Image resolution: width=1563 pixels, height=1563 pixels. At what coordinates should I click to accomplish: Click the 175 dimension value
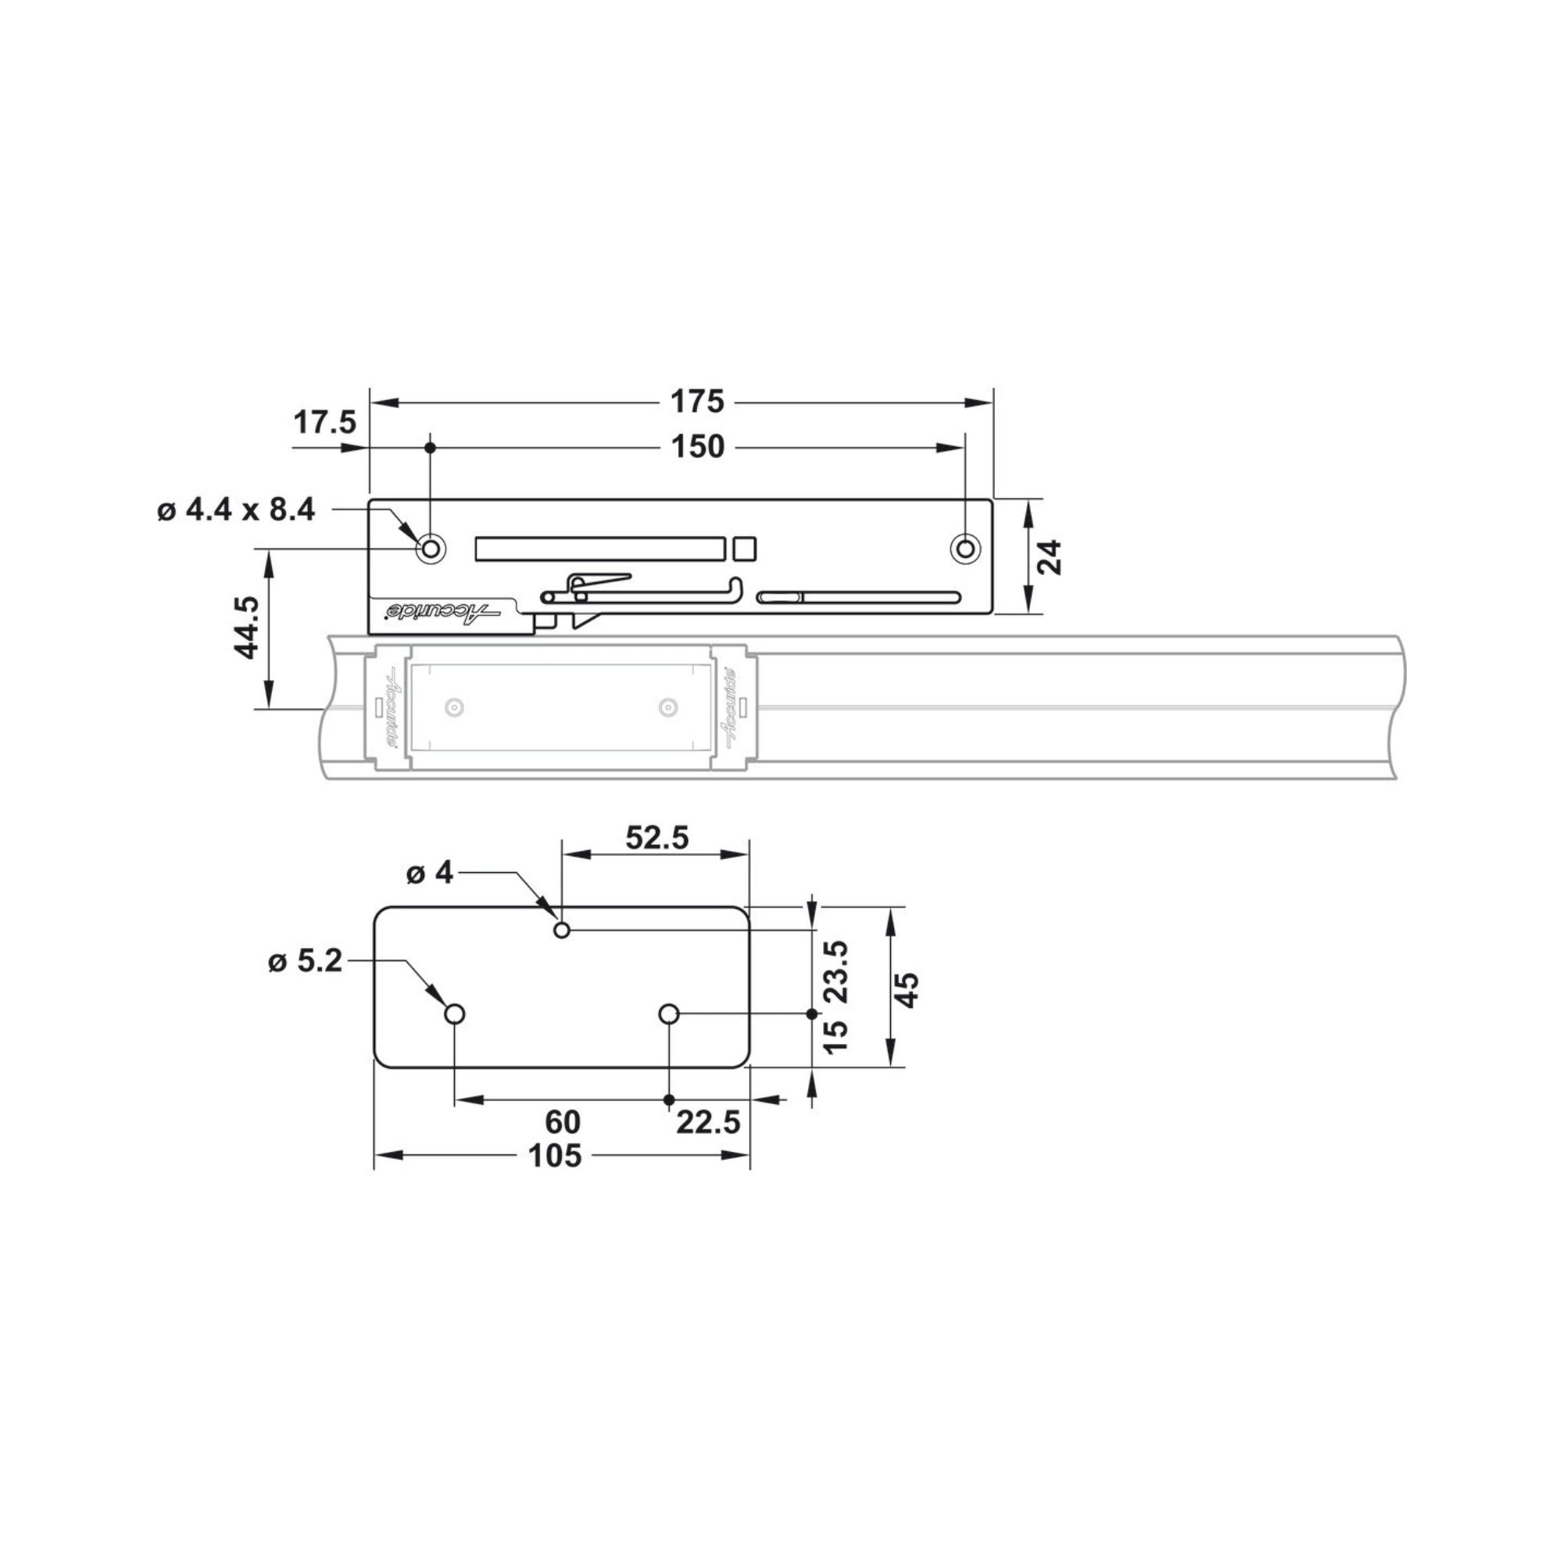[697, 400]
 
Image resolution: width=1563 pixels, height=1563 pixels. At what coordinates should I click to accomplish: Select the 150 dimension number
[697, 446]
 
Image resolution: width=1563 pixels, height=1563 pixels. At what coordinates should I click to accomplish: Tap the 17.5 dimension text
[324, 421]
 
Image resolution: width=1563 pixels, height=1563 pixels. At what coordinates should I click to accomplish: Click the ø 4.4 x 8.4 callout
[235, 510]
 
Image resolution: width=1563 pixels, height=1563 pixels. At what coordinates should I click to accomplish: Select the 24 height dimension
[1050, 556]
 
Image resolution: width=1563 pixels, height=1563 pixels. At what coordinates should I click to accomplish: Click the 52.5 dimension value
[657, 837]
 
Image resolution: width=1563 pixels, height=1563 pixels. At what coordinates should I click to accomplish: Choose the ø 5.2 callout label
[306, 961]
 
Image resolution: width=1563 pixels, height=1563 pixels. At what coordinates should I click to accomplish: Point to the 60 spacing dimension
[562, 1122]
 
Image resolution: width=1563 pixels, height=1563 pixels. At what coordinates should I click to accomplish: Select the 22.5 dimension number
[708, 1122]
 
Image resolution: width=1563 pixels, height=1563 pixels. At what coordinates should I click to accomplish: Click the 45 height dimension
[909, 989]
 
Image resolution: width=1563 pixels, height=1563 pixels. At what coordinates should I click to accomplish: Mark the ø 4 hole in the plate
[562, 930]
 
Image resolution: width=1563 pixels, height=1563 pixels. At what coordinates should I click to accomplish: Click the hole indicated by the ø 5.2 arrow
[455, 1014]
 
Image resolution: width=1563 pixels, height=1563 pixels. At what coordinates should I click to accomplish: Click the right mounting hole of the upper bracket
[964, 549]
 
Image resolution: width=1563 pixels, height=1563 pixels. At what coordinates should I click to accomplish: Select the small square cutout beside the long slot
[744, 549]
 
